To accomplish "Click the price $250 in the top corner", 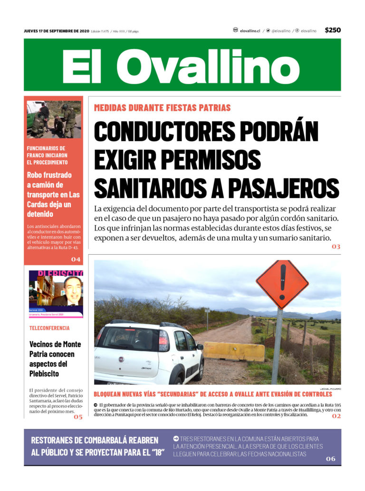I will tap(333, 30).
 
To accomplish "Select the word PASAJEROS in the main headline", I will tap(287, 188).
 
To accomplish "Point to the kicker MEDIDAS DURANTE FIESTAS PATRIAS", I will tap(162, 107).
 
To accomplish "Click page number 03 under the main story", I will tap(336, 247).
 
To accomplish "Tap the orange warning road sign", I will tap(282, 284).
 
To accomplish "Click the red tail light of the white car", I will tap(163, 341).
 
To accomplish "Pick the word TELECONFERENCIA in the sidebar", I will tap(49, 328).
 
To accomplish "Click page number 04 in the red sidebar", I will tap(76, 259).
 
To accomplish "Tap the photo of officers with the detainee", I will tap(54, 119).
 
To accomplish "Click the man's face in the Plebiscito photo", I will tap(72, 289).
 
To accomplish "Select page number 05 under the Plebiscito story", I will tap(77, 416).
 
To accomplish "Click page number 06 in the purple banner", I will tap(330, 459).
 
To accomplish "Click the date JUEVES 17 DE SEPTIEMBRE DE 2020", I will tap(56, 31).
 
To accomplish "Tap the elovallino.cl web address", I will tap(250, 30).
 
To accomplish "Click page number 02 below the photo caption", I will tap(336, 416).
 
